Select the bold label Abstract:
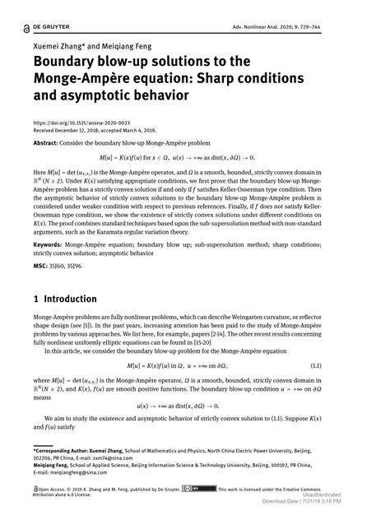coord(46,142)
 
